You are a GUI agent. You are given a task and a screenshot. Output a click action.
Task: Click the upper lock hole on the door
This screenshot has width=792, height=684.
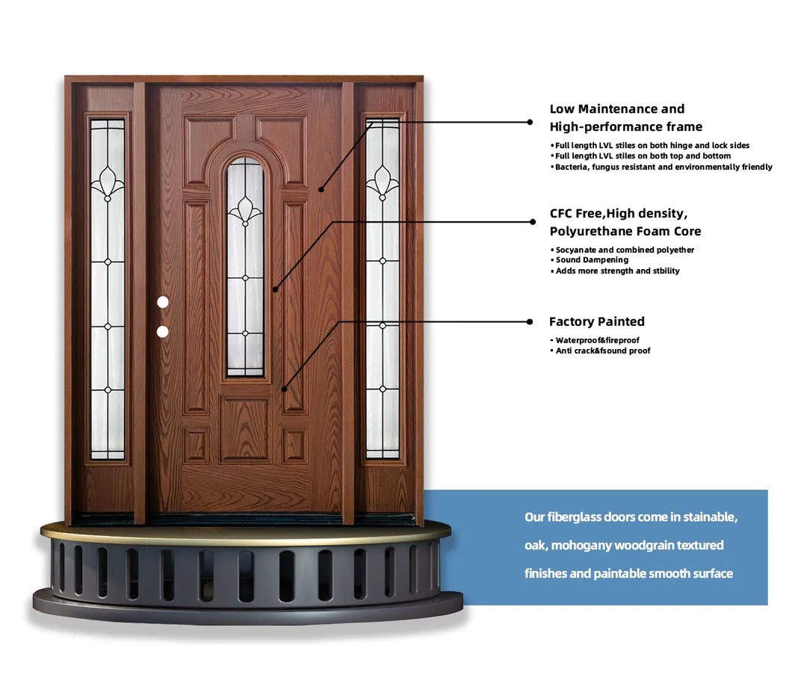click(164, 302)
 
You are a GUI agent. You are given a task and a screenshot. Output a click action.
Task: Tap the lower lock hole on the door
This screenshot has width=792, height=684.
click(163, 331)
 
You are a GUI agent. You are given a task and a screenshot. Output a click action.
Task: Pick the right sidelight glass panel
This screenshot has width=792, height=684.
click(383, 288)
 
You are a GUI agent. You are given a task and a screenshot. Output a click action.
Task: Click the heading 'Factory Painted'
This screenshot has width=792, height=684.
click(596, 321)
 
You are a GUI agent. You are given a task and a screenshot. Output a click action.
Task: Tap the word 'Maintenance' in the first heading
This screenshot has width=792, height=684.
click(616, 109)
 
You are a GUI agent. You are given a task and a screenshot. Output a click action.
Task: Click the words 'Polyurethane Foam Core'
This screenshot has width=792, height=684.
click(625, 231)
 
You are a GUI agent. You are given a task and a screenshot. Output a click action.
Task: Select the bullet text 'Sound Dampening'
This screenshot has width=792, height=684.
click(592, 260)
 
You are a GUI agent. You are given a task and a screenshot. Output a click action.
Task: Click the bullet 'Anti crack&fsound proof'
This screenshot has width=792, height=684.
click(602, 351)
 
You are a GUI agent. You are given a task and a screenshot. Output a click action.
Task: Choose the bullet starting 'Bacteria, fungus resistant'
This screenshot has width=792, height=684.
click(663, 167)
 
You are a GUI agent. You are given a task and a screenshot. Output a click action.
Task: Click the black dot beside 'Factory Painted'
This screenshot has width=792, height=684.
click(530, 321)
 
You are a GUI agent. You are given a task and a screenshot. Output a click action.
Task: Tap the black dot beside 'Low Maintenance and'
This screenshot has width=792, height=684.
click(530, 121)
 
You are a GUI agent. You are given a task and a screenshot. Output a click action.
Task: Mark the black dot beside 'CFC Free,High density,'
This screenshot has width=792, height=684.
click(533, 221)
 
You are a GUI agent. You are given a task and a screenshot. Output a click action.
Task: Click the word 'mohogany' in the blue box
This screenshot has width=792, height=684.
click(581, 546)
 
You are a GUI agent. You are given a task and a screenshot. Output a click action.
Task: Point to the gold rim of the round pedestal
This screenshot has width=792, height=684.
click(247, 533)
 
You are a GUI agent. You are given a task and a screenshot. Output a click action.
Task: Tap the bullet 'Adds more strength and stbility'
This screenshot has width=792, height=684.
click(617, 271)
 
